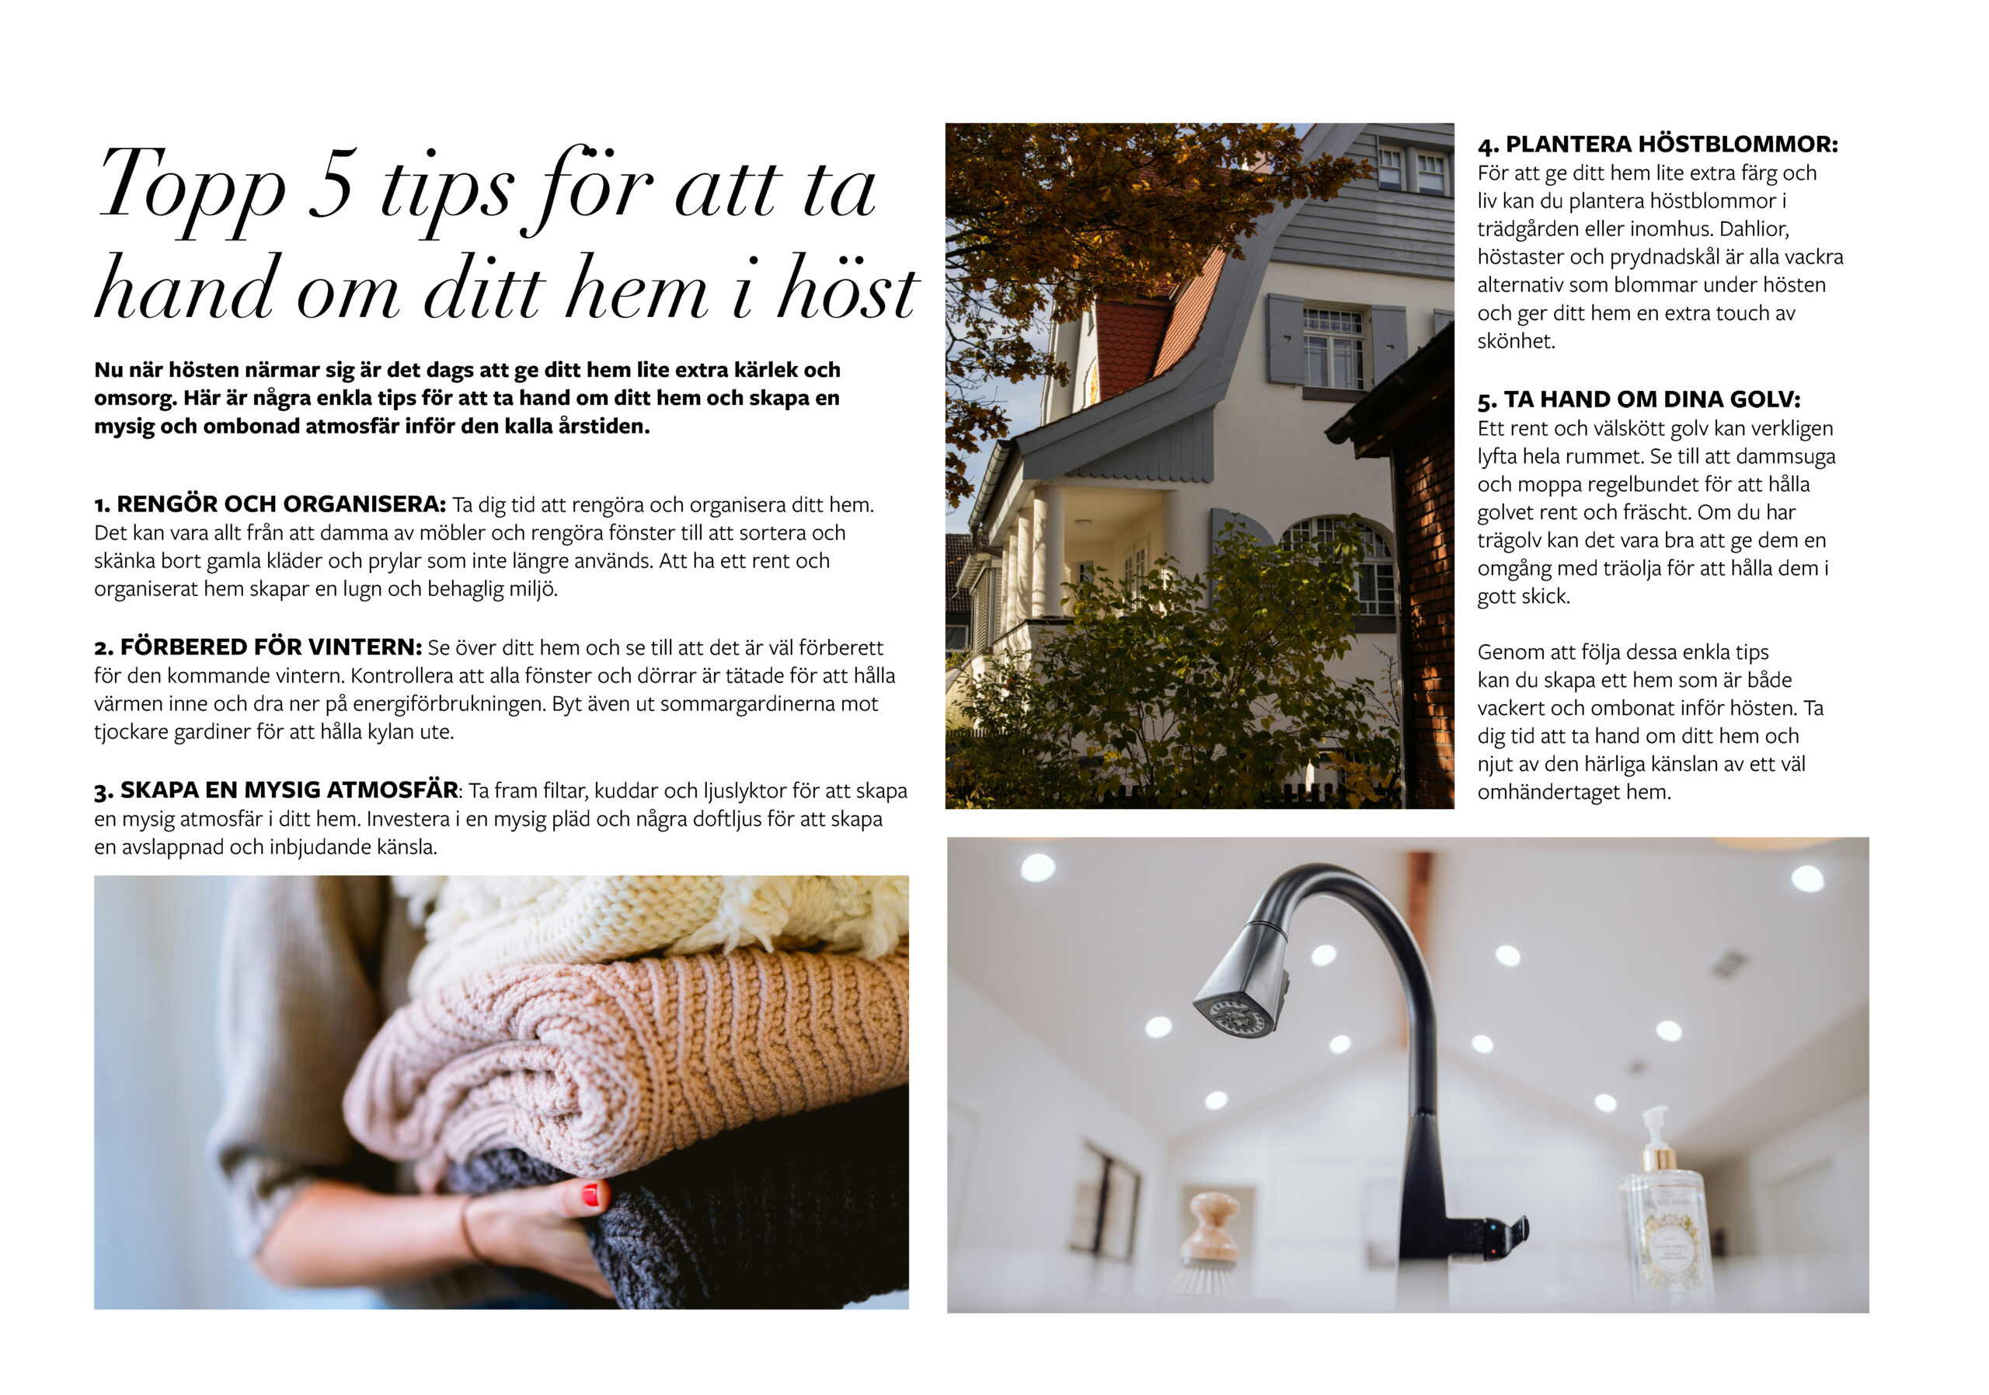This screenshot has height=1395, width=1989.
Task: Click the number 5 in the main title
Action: coord(331,183)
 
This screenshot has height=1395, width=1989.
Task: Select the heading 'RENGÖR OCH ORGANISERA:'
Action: coord(280,504)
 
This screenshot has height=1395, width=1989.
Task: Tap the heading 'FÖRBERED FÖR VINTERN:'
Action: coord(270,647)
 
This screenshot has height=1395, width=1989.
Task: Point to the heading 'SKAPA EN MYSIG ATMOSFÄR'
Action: coord(288,790)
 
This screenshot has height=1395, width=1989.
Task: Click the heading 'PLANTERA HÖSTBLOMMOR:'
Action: coord(1671,144)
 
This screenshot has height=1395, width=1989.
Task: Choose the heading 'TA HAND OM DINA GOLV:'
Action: coord(1652,399)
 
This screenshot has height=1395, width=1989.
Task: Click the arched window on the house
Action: coord(1340,564)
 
